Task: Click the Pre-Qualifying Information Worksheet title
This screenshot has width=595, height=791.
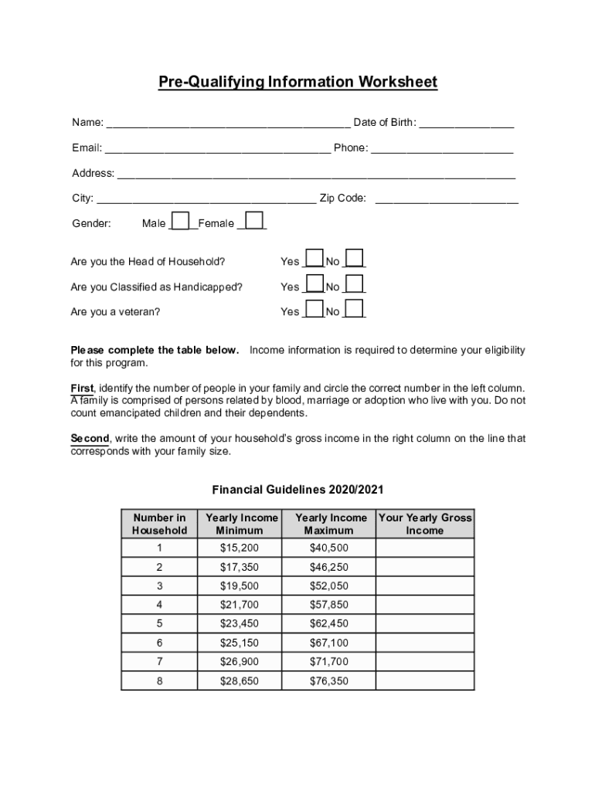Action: [x=297, y=82]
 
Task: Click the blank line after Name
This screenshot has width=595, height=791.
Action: [x=228, y=124]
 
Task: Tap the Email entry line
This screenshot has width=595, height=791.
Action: [x=218, y=149]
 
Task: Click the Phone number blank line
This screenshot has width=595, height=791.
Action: [x=442, y=149]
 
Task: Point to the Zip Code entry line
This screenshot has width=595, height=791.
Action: [x=446, y=199]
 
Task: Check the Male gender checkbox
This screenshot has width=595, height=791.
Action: [x=180, y=221]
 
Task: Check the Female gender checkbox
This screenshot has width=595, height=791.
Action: [x=254, y=221]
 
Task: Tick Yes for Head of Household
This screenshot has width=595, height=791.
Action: [x=314, y=259]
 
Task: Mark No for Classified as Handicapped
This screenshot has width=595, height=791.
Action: [x=355, y=284]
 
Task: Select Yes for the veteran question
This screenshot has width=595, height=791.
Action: [x=314, y=309]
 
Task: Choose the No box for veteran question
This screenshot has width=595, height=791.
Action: [x=355, y=309]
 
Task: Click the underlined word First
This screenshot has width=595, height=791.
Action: [x=83, y=388]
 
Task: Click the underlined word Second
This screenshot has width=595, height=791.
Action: [x=90, y=439]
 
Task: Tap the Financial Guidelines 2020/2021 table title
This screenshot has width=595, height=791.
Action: [x=297, y=490]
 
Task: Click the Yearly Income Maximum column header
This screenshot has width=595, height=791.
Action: [x=331, y=524]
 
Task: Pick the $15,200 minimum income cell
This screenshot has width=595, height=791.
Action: [x=240, y=548]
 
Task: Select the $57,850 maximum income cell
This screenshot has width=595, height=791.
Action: [x=329, y=605]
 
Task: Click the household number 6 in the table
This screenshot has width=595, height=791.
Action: [x=159, y=643]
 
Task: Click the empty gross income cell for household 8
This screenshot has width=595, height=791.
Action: [x=425, y=681]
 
